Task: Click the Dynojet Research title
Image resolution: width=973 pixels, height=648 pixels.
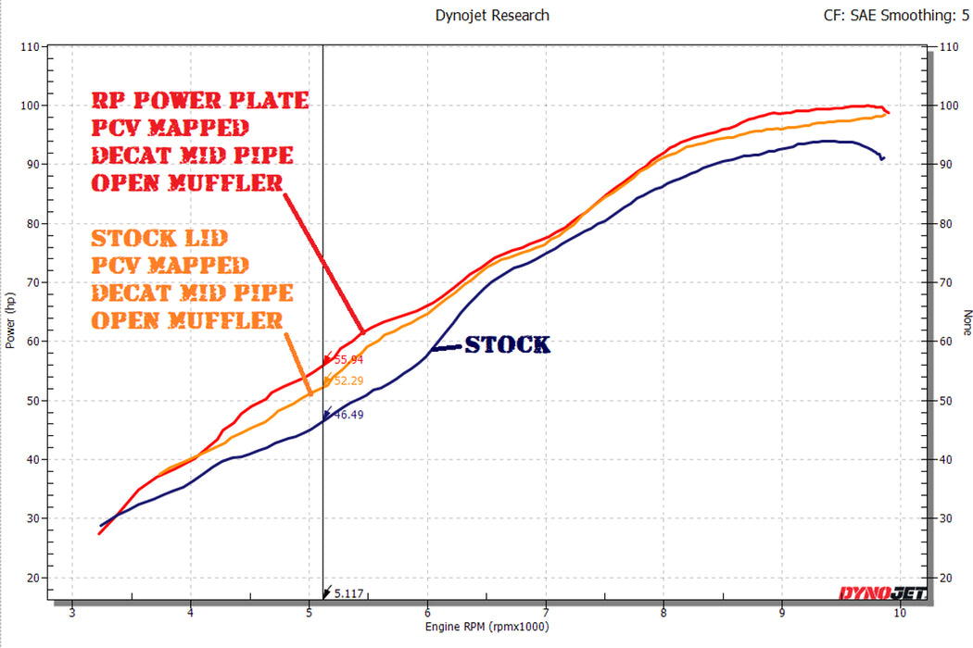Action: pyautogui.click(x=491, y=16)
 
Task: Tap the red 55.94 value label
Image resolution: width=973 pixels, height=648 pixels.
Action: pyautogui.click(x=349, y=359)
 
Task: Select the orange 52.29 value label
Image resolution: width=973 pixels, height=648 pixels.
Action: pyautogui.click(x=349, y=380)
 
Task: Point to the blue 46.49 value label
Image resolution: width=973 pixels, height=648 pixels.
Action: pyautogui.click(x=349, y=416)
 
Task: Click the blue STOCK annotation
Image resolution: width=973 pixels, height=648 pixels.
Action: pyautogui.click(x=506, y=345)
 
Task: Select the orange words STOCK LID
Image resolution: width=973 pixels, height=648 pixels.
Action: pyautogui.click(x=159, y=239)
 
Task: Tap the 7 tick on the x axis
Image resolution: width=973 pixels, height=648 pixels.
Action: pyautogui.click(x=546, y=612)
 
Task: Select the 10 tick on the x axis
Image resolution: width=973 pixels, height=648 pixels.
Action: pyautogui.click(x=900, y=612)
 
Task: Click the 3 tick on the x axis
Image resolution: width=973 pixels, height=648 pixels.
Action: pyautogui.click(x=72, y=612)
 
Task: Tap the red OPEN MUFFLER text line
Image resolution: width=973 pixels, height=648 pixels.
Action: pyautogui.click(x=186, y=182)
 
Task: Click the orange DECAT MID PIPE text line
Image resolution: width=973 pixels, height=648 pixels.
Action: pyautogui.click(x=193, y=293)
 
